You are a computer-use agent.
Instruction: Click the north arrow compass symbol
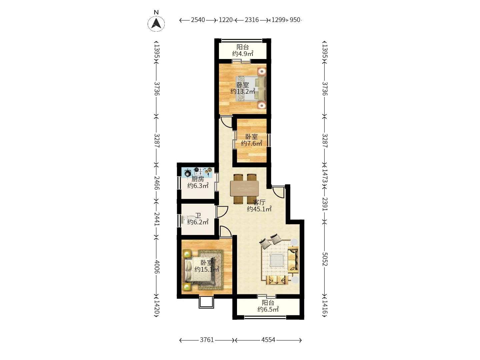tap(156, 23)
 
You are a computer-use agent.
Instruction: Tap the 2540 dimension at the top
tap(198, 20)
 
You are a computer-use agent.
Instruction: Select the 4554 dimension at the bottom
tap(268, 340)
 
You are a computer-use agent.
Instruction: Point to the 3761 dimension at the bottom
tap(207, 340)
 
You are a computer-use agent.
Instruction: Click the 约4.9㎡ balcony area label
tap(243, 54)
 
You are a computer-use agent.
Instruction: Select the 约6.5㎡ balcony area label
tap(268, 309)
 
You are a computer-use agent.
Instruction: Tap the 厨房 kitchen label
tap(198, 179)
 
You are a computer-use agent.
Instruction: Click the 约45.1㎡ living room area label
tap(259, 209)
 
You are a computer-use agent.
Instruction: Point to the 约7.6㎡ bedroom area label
tap(251, 143)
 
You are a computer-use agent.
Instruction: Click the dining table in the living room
tap(244, 189)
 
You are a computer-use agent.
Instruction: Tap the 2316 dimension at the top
tap(252, 20)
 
